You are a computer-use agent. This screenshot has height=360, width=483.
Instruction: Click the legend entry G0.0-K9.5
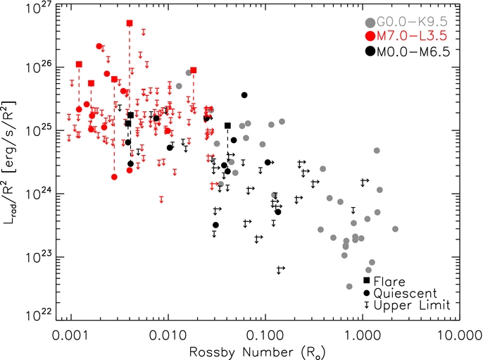[x=411, y=22]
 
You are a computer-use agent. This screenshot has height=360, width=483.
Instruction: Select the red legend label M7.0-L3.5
[x=411, y=36]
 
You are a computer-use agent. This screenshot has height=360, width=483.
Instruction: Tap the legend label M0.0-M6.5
[x=413, y=51]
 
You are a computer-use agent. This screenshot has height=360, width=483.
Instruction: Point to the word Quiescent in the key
[x=406, y=293]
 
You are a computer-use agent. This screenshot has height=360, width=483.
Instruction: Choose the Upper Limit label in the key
[x=412, y=305]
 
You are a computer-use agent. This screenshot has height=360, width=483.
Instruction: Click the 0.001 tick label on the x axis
[x=72, y=335]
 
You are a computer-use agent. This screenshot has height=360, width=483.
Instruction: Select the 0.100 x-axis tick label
[x=265, y=335]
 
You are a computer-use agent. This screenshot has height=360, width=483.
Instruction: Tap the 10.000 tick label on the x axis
[x=460, y=335]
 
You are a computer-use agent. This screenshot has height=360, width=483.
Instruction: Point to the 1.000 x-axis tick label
[x=362, y=335]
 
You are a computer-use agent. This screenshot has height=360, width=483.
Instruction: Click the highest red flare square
[x=130, y=23]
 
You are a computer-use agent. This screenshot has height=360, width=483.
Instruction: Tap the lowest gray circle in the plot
[x=349, y=286]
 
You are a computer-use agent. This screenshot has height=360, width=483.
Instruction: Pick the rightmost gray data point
[x=395, y=229]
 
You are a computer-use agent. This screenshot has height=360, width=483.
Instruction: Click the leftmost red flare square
[x=79, y=64]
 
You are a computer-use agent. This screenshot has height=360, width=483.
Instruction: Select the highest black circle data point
[x=244, y=95]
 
